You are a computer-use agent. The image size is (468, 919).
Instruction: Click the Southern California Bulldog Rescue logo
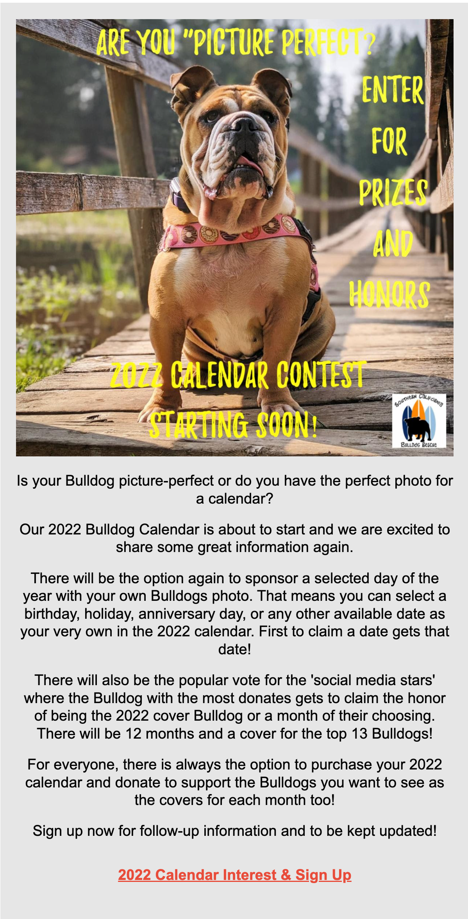[419, 420]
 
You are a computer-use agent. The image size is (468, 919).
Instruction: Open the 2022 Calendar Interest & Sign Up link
[234, 874]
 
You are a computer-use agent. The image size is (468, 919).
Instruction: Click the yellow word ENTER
[392, 90]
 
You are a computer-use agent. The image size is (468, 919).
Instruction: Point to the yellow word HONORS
[389, 294]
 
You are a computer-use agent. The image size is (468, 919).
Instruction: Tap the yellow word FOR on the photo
[389, 141]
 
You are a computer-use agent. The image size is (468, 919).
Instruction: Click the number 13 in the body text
[359, 734]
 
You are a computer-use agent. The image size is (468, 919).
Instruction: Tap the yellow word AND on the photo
[393, 243]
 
